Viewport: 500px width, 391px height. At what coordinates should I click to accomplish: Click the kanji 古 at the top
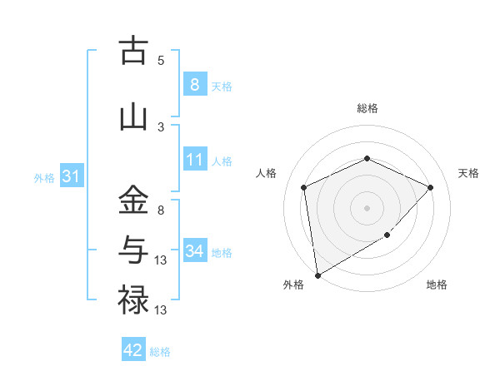pos(133,52)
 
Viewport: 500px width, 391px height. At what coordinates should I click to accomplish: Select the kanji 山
pos(133,117)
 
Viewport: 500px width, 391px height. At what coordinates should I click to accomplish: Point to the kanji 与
pos(133,250)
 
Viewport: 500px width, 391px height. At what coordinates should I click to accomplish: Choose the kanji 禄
pos(133,299)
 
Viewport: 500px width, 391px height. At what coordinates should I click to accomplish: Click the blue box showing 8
pos(194,84)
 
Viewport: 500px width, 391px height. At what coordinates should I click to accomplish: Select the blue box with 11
pos(194,160)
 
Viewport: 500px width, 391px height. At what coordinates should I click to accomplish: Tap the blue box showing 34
pos(194,250)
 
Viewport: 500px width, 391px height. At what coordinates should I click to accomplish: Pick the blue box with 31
pos(71,176)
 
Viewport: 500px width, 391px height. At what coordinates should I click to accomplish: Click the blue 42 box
pos(133,350)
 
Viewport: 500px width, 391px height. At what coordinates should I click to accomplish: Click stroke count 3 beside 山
pos(161,126)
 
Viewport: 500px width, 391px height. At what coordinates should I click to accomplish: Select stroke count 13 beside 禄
pos(161,310)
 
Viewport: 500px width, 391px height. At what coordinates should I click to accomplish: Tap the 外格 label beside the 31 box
pos(44,177)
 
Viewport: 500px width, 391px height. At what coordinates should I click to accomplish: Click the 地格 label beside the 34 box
pos(222,252)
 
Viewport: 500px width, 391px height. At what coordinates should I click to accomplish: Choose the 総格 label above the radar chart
pos(367,108)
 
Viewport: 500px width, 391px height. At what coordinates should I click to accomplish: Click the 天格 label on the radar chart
pos(468,173)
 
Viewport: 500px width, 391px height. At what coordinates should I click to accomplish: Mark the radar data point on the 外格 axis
pos(317,275)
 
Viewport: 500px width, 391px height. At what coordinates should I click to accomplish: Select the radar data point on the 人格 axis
pos(304,187)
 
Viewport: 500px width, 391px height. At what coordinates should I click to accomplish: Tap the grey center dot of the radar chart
pos(367,207)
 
